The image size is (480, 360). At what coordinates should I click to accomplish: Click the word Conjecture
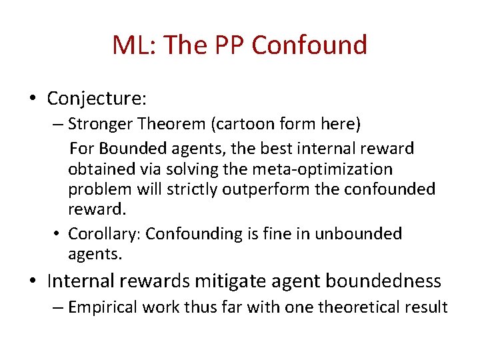pyautogui.click(x=96, y=99)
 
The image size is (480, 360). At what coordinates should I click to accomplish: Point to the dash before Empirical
pyautogui.click(x=59, y=307)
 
